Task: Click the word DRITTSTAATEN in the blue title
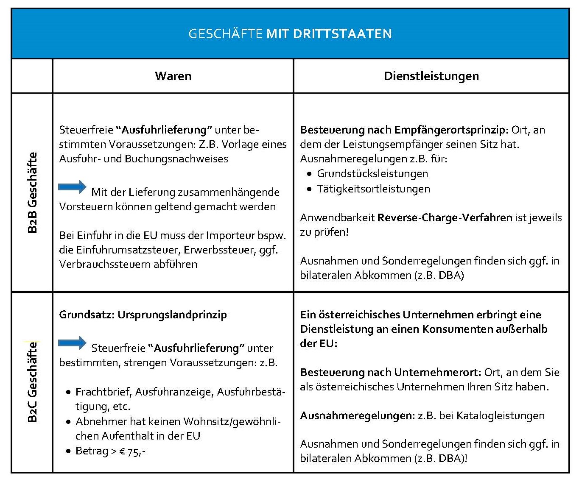click(x=329, y=34)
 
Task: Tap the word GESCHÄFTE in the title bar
click(x=225, y=34)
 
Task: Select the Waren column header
click(x=173, y=76)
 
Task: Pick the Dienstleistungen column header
click(x=431, y=76)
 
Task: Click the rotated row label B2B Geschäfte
click(x=33, y=192)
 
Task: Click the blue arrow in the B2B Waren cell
click(x=72, y=187)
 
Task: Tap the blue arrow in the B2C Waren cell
click(x=72, y=343)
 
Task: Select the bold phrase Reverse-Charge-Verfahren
click(x=445, y=218)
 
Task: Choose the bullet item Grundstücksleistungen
click(x=372, y=174)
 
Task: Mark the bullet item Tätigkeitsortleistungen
click(x=373, y=189)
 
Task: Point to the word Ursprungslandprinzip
click(x=172, y=315)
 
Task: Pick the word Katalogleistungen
click(x=500, y=416)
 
